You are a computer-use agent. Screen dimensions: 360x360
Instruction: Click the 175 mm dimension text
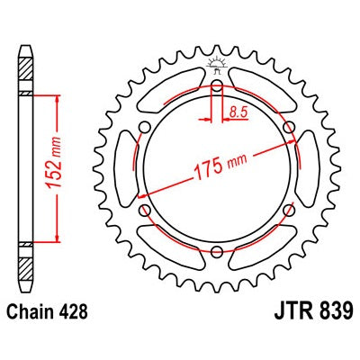coord(221,167)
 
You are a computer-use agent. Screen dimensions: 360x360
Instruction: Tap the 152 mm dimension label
coord(54,162)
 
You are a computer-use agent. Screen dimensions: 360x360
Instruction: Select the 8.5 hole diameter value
coord(238,112)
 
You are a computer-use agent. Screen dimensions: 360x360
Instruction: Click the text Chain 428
coord(47,311)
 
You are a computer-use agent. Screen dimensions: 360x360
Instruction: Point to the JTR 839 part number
coord(312,311)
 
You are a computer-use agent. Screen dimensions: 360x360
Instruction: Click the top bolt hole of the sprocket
coord(217,85)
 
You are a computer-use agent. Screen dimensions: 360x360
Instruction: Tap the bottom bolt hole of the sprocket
coord(217,251)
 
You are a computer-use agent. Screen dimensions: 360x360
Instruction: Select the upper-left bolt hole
coord(145,127)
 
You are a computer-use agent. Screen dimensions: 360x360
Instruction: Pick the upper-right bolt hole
coord(289,127)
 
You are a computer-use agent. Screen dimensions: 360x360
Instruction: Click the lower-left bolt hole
coord(146,210)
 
